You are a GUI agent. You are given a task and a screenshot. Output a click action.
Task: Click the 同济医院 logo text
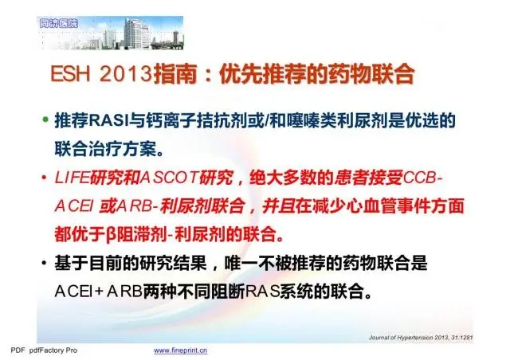click(58, 23)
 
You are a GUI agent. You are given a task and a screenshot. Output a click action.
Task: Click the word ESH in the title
click(70, 75)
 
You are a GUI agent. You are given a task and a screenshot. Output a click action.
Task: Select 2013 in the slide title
click(126, 75)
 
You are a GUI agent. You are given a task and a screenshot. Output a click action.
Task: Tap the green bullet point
click(45, 119)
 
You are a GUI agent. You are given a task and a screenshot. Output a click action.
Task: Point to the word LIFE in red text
click(72, 178)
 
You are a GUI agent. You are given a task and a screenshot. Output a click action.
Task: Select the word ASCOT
click(170, 178)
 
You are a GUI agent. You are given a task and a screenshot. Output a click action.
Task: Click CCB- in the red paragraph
click(422, 178)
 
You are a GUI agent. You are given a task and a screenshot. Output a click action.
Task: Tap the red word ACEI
click(74, 206)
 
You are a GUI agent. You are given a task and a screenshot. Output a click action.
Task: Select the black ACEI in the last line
click(73, 292)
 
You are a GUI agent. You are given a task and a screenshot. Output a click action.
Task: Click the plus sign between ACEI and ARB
click(99, 292)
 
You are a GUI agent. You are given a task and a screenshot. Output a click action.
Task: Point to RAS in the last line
click(262, 292)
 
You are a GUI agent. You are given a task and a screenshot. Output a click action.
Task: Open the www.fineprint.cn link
click(181, 350)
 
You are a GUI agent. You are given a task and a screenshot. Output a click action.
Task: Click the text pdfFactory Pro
click(53, 350)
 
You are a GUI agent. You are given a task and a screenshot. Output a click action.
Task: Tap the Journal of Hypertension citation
click(421, 338)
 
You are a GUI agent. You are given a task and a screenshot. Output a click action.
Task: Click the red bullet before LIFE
click(44, 178)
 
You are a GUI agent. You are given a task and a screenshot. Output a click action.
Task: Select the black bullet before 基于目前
click(44, 263)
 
